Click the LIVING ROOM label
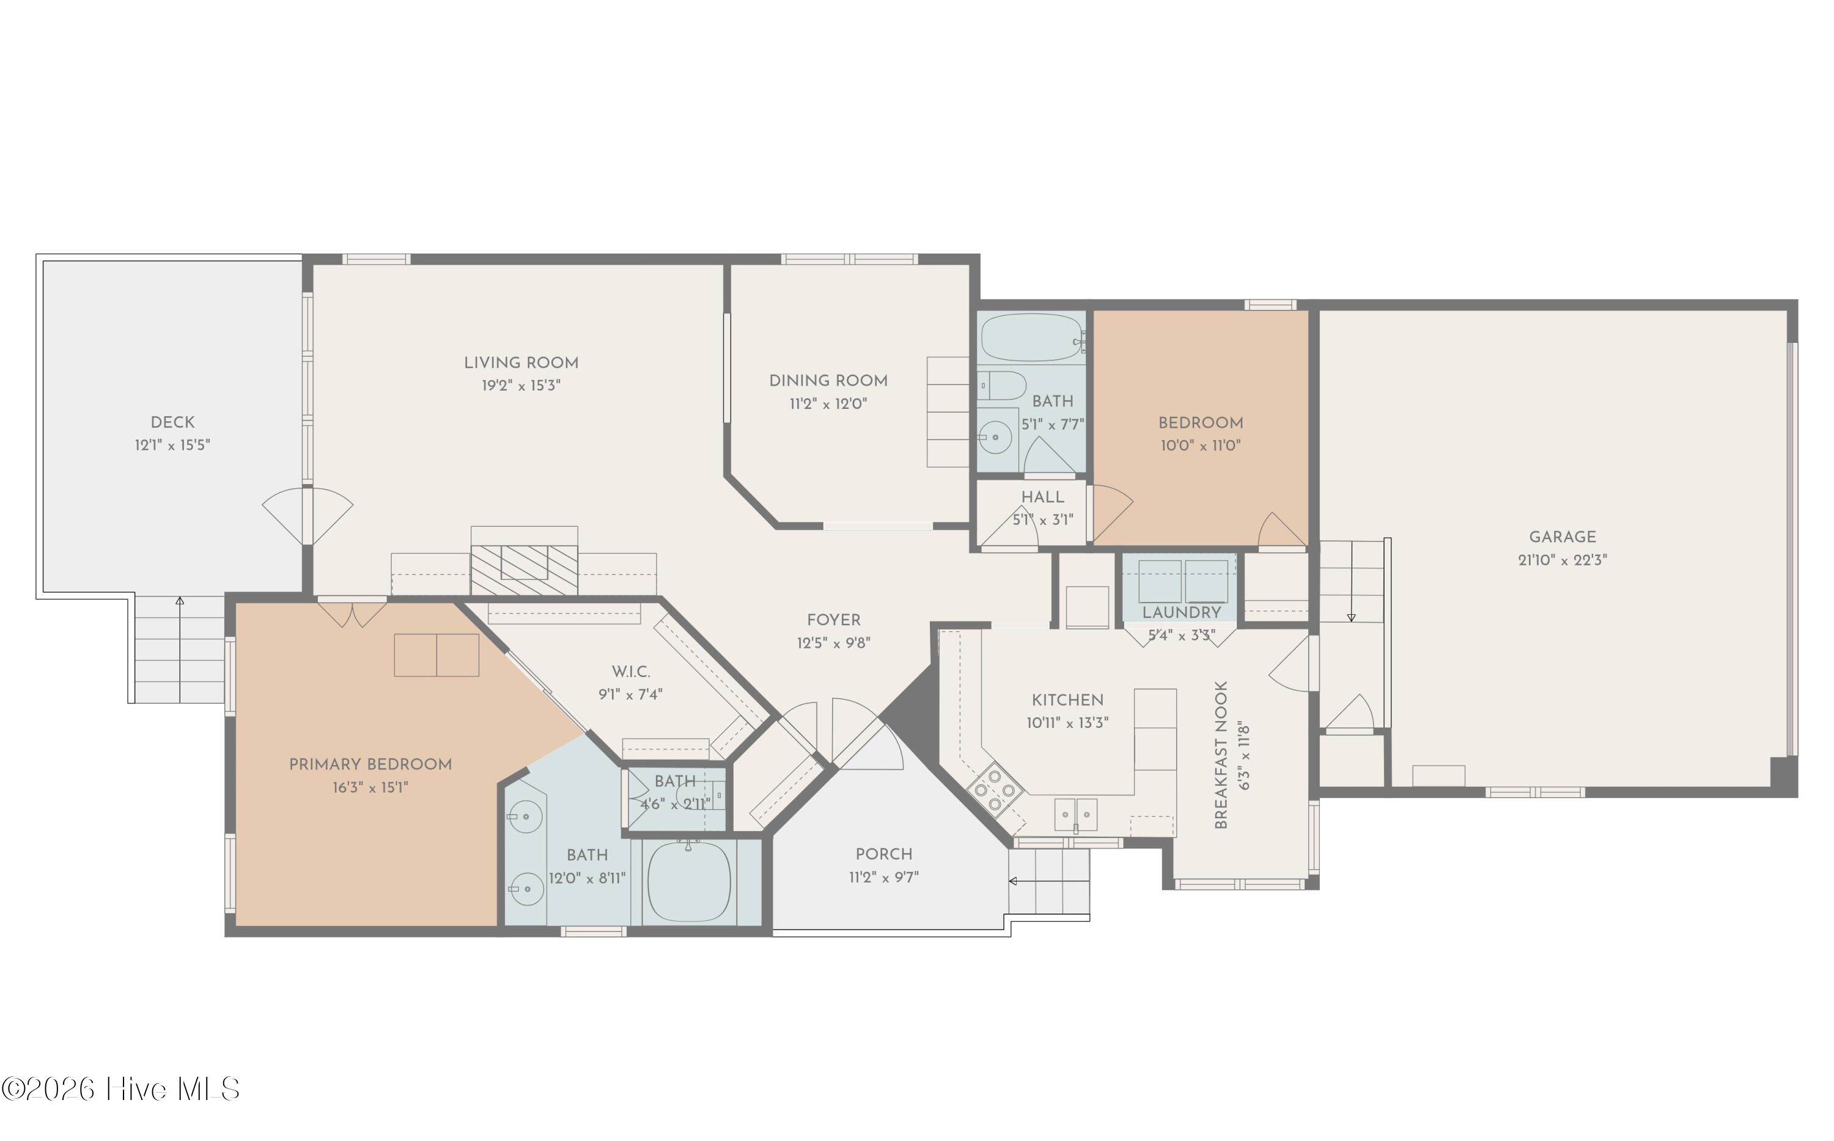coord(521,363)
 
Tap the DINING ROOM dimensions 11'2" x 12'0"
coord(828,404)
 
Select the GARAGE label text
coord(1563,537)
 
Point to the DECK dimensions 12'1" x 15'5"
coord(172,446)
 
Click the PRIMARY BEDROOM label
coord(370,765)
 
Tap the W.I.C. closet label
coord(631,672)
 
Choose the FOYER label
coord(833,620)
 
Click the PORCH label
coord(884,854)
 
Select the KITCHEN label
coord(1067,700)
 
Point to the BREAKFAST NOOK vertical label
coord(1221,755)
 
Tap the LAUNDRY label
coord(1181,613)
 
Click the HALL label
coord(1042,497)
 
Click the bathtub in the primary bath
coord(689,881)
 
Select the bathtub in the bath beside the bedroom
coord(1032,337)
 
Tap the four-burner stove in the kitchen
coord(995,790)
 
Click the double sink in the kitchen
coord(1075,814)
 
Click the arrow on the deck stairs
coord(180,649)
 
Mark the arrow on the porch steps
coord(1049,881)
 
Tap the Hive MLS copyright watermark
coord(121,1089)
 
